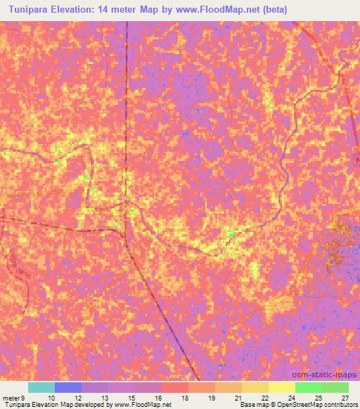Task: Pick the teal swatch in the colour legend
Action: point(41,387)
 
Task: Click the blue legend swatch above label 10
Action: point(68,387)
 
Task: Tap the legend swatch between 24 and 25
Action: point(309,387)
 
